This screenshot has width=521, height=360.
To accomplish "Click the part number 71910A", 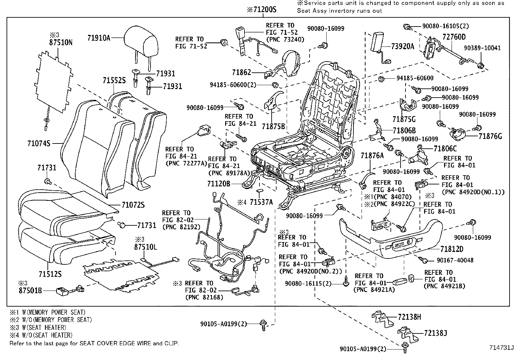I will click(x=99, y=38).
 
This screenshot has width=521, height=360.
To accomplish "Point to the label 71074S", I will click(x=39, y=143).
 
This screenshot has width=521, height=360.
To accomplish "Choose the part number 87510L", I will click(x=145, y=247).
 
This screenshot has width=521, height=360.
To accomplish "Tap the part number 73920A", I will click(x=403, y=47).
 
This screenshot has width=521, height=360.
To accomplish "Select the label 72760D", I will click(x=454, y=37).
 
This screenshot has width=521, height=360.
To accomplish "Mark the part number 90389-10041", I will click(x=482, y=48).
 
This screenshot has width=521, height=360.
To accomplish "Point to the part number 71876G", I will click(x=490, y=136).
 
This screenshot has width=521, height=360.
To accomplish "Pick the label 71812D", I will click(x=452, y=249).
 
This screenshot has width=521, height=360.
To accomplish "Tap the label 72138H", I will click(x=409, y=317).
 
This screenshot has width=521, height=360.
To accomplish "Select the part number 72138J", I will click(x=435, y=333).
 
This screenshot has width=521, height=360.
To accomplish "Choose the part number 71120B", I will click(x=219, y=184).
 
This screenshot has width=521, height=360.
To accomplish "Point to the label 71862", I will click(x=242, y=72).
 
